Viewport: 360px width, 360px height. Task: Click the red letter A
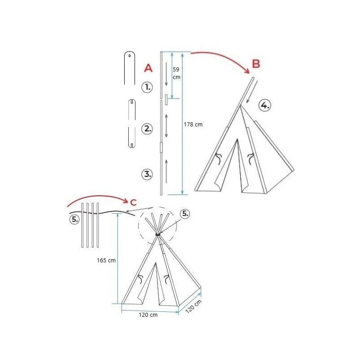click(x=148, y=68)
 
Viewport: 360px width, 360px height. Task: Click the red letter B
click(x=256, y=63)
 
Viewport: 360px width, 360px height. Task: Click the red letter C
click(x=133, y=202)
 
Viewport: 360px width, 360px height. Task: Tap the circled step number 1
click(x=147, y=87)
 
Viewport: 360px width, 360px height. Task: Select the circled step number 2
click(x=147, y=129)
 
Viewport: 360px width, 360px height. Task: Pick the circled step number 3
click(x=147, y=174)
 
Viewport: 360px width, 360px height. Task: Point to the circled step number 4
click(x=265, y=106)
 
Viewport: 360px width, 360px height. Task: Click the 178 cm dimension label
click(x=193, y=125)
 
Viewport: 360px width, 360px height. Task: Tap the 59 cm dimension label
click(x=176, y=73)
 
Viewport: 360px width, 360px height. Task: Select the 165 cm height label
click(x=106, y=260)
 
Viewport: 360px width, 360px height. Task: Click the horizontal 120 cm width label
click(x=148, y=315)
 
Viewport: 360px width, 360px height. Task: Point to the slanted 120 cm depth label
click(x=193, y=306)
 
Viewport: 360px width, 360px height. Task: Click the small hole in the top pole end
click(x=130, y=55)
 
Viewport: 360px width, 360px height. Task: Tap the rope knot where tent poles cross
click(x=158, y=234)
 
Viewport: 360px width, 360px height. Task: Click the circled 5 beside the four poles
click(x=74, y=219)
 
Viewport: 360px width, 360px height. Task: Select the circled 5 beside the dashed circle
click(x=185, y=214)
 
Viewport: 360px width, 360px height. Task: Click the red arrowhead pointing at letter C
click(x=126, y=201)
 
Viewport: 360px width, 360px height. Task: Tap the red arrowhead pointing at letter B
click(x=247, y=71)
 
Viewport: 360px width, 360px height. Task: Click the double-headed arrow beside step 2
click(x=166, y=126)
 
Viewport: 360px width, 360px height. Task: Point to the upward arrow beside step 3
click(x=166, y=172)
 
